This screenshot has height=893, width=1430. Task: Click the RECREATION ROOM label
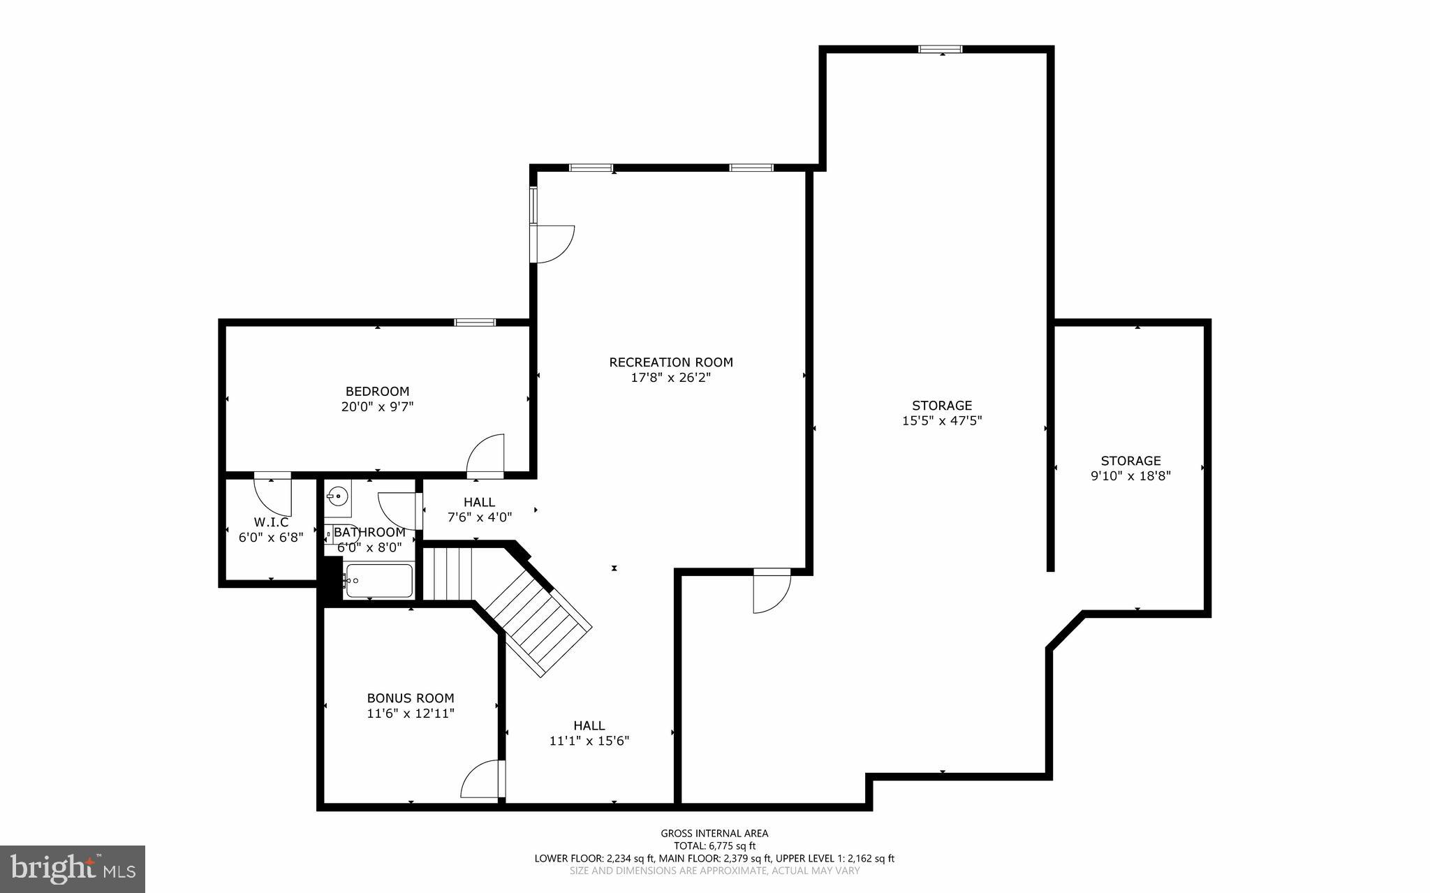(x=671, y=362)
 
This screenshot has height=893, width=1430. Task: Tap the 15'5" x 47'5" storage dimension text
(x=942, y=421)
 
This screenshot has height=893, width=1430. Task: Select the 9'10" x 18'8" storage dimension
(x=1130, y=476)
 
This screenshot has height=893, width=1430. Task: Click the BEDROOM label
(x=377, y=391)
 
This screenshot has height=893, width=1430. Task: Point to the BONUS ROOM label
(x=411, y=698)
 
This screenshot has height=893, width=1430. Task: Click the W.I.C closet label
(x=271, y=522)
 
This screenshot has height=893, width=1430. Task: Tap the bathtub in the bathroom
(x=378, y=580)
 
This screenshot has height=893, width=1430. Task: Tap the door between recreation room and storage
(x=772, y=592)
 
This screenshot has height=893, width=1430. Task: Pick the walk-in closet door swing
(x=273, y=493)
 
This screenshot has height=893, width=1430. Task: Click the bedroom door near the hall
(x=485, y=456)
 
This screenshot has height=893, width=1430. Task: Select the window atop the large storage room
(x=941, y=49)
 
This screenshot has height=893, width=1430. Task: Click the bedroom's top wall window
(x=475, y=322)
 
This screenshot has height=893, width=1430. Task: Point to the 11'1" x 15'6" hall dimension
(x=589, y=741)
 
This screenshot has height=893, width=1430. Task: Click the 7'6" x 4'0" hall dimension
(x=480, y=517)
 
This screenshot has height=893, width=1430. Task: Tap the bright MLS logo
(x=72, y=869)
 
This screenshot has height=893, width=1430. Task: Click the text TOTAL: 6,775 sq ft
(x=714, y=846)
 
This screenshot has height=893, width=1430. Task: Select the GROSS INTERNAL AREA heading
(x=714, y=833)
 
